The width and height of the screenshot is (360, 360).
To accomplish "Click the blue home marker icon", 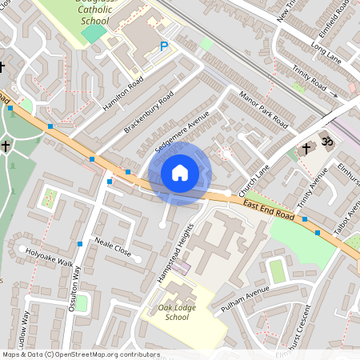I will (180, 172).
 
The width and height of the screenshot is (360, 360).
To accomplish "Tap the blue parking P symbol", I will (164, 47).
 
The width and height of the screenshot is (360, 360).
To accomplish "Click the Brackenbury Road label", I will (149, 112).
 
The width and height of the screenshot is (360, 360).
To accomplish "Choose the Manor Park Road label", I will (263, 110).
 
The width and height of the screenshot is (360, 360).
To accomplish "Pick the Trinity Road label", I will (309, 78).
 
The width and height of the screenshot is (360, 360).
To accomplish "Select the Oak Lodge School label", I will (166, 312).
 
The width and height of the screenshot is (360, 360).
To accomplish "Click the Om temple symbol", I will (326, 142).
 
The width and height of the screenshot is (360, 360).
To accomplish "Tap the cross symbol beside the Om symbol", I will (305, 148).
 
